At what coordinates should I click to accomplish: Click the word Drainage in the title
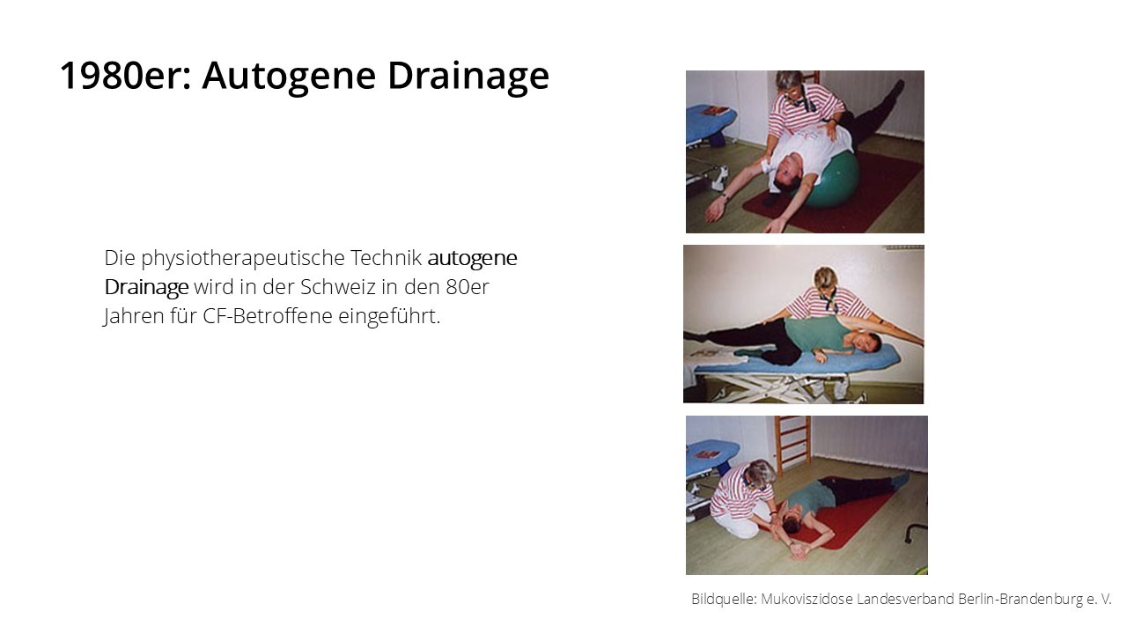[468, 77]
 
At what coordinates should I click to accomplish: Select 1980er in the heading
[126, 76]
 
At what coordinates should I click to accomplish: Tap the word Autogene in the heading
[290, 77]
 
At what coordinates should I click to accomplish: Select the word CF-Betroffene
[268, 316]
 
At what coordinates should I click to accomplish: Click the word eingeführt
[389, 317]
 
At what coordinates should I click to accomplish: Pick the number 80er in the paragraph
[468, 287]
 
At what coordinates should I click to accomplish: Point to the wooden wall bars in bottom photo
[792, 443]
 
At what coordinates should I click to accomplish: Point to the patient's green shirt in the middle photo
[819, 333]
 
